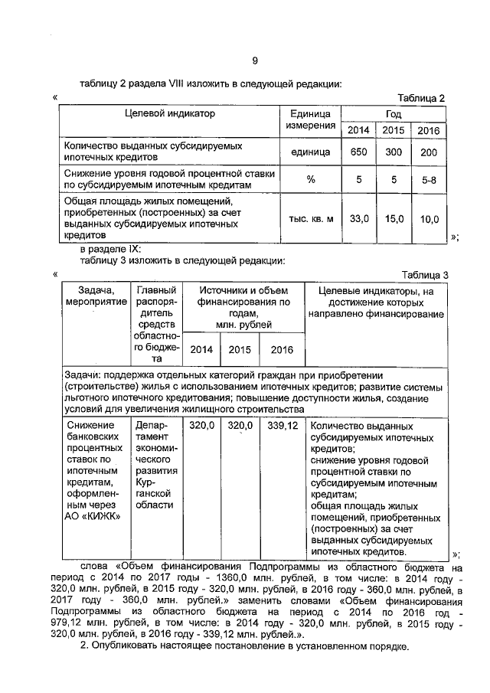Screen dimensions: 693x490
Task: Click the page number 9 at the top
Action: click(x=255, y=60)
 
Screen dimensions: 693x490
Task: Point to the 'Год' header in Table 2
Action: click(x=393, y=113)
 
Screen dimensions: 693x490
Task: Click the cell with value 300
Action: click(x=394, y=152)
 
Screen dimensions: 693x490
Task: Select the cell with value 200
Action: click(x=430, y=152)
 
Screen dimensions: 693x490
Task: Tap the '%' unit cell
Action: click(x=311, y=180)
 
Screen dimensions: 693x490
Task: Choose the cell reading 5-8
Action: click(x=430, y=180)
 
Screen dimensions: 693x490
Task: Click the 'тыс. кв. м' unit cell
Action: click(x=311, y=219)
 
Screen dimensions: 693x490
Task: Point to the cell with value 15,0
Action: click(x=394, y=219)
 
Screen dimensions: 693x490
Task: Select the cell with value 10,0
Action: click(x=430, y=219)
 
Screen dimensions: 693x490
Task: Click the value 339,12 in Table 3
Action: click(x=283, y=425)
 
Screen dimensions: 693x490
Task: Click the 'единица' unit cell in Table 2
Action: click(x=311, y=152)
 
